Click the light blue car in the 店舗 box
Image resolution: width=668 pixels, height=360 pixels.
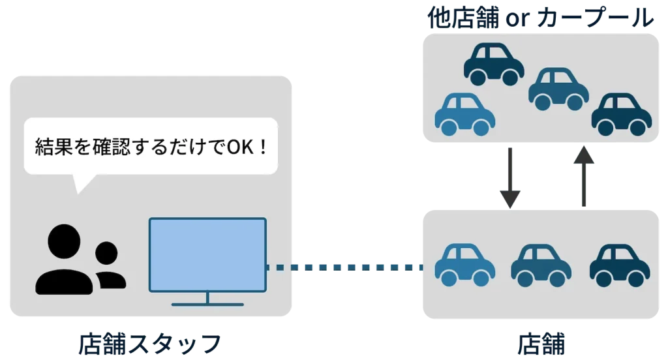[x=464, y=265]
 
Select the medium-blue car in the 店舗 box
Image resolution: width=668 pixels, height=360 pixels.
[x=541, y=265]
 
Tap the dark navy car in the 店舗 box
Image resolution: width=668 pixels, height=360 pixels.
[x=620, y=265]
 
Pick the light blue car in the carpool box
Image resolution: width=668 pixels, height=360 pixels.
[x=464, y=115]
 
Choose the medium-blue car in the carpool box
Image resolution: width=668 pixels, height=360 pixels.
[x=558, y=90]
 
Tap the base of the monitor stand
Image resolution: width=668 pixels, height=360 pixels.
[x=207, y=304]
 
